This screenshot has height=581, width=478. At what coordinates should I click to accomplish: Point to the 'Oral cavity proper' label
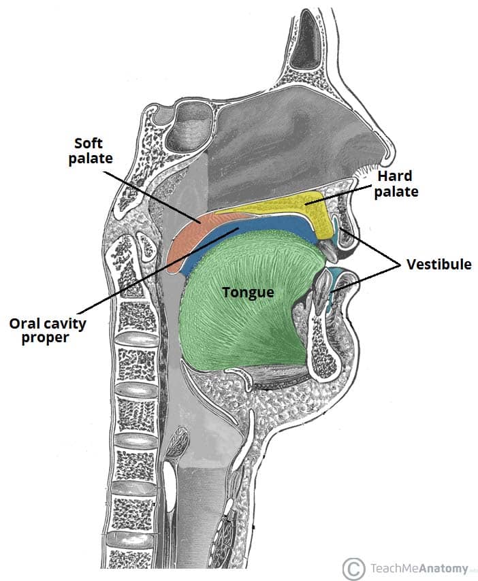(x=48, y=329)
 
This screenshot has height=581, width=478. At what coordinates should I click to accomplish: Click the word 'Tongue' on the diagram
(x=249, y=293)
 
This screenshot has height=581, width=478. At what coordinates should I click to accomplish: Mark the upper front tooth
(x=328, y=249)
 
